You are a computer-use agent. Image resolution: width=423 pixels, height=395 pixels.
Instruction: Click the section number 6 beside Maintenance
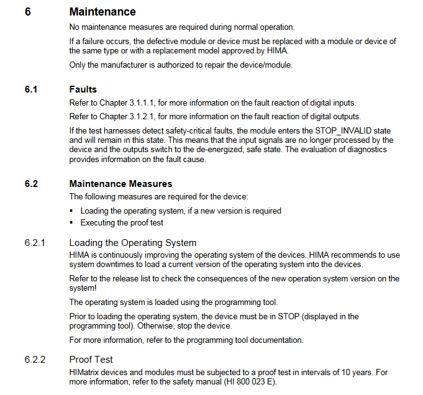click(x=28, y=12)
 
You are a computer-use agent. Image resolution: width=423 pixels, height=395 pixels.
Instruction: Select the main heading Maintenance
click(x=102, y=12)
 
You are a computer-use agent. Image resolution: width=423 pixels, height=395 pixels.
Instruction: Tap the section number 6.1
click(x=31, y=89)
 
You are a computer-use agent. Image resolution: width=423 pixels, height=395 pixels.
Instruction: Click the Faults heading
click(x=83, y=89)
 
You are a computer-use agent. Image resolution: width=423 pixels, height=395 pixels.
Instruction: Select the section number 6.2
click(x=31, y=184)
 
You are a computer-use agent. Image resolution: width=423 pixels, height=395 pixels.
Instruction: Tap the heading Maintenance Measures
click(x=121, y=184)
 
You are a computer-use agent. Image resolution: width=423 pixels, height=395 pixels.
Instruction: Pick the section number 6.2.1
click(x=35, y=243)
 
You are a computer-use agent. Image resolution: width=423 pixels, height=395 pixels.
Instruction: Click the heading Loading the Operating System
click(x=132, y=243)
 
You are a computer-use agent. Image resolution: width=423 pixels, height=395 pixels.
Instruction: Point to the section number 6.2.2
click(x=35, y=360)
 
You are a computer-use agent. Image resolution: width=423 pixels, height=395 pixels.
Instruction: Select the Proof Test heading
click(x=91, y=360)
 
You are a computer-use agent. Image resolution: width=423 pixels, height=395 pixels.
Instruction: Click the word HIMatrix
click(x=86, y=372)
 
